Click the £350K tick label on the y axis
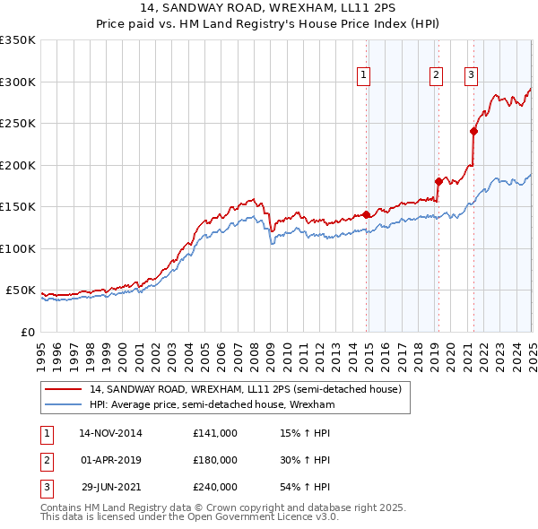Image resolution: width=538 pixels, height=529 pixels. click(18, 40)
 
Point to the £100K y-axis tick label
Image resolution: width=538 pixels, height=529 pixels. click(18, 248)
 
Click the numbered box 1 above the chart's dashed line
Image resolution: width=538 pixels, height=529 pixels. click(364, 76)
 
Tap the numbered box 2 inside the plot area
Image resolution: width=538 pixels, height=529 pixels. click(436, 76)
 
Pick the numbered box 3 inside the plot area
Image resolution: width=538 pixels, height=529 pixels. click(471, 76)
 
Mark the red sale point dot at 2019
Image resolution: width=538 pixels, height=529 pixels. click(438, 181)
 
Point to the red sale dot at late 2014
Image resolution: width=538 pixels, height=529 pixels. click(367, 214)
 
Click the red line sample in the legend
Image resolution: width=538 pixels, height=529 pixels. click(64, 390)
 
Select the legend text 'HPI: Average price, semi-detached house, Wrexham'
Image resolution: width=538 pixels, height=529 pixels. click(212, 405)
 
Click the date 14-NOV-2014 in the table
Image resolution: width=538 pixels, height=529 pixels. click(110, 433)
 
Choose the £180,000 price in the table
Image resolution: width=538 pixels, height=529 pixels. click(215, 460)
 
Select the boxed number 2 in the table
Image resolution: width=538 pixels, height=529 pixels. click(46, 460)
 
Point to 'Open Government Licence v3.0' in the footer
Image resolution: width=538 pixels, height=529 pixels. click(269, 516)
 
